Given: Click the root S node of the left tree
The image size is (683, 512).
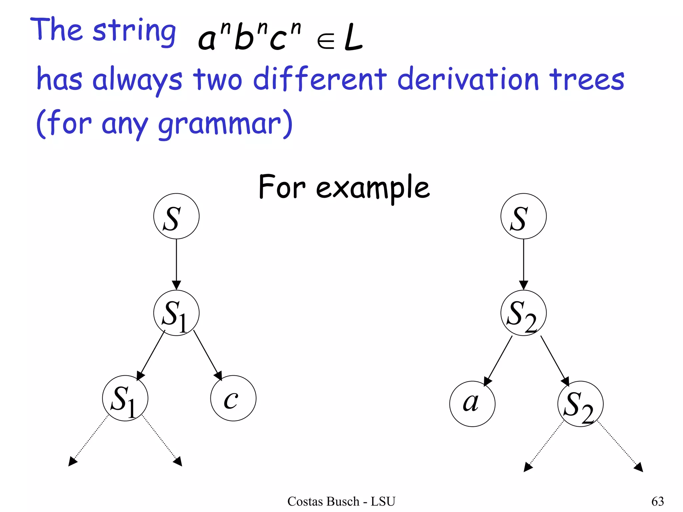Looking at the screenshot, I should [176, 216].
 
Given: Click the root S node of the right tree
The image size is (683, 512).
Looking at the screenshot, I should [523, 216].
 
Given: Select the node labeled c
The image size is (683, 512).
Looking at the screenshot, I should [233, 398].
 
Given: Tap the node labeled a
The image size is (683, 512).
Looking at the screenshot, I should [472, 404].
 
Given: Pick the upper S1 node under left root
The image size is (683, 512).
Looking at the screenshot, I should [176, 313].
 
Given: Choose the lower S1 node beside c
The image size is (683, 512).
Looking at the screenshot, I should [125, 398].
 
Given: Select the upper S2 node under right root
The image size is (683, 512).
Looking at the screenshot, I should [523, 313].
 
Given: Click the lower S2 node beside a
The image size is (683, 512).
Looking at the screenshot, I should [580, 404].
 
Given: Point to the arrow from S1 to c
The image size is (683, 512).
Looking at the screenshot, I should [207, 355].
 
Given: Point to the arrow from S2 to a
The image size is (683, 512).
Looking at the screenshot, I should [498, 361].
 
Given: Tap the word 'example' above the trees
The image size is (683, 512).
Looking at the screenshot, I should [373, 188].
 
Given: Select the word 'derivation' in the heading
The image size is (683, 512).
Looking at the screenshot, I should [468, 79].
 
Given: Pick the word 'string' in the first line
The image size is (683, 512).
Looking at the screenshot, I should [134, 31].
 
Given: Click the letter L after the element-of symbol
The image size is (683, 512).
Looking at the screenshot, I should [353, 38].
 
